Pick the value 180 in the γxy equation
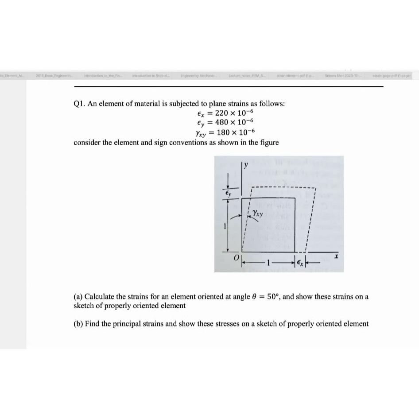[x=224, y=132]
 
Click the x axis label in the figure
[x=337, y=256]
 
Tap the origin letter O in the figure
[x=237, y=257]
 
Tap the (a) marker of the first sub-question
[x=78, y=296]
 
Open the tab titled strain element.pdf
[x=295, y=76]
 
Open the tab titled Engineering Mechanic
[x=197, y=76]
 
